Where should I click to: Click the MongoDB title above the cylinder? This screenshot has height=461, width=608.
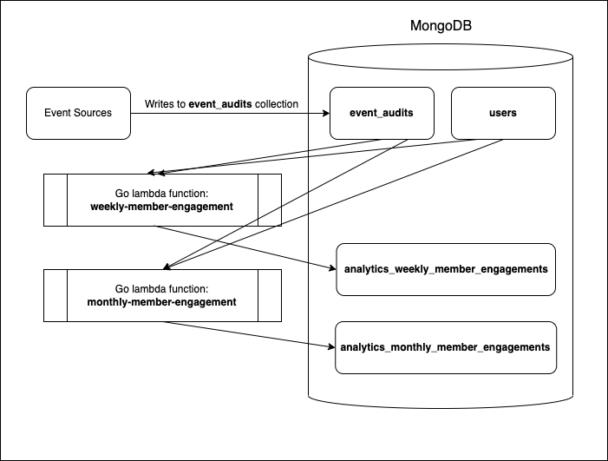click(441, 26)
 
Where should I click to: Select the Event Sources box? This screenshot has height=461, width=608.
click(78, 113)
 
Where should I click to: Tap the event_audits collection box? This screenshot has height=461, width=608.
click(382, 113)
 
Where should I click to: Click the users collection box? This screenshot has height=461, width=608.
click(503, 113)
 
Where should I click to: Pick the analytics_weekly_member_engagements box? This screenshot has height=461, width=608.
click(445, 269)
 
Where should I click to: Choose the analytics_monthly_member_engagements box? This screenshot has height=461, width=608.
click(445, 347)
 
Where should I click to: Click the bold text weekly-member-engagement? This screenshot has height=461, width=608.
click(162, 207)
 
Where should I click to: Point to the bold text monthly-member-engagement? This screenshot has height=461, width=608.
click(162, 302)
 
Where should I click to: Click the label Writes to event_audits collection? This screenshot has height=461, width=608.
click(221, 103)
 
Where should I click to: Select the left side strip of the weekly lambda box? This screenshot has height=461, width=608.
click(55, 200)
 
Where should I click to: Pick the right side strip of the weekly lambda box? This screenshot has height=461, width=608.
click(270, 200)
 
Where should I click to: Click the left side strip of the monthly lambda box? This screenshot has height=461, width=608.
click(55, 295)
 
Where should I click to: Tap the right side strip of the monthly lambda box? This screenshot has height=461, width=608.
click(270, 295)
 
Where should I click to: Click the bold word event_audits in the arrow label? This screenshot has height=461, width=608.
click(221, 103)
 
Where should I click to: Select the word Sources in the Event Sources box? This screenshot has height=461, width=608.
click(93, 113)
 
